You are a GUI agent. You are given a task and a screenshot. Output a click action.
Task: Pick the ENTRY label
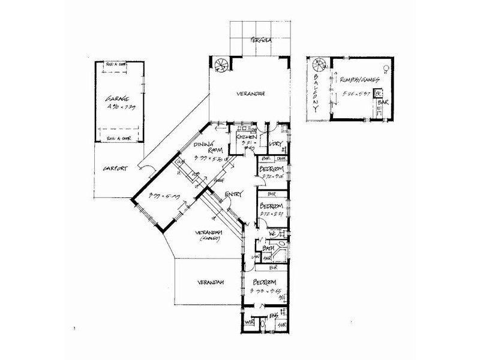[234, 195]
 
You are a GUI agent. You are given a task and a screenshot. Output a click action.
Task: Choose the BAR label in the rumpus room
[383, 103]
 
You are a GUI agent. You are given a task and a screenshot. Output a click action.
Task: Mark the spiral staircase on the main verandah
[221, 62]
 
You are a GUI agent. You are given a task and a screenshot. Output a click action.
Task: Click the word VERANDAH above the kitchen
[251, 94]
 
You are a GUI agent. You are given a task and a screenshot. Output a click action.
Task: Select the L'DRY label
[277, 144]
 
